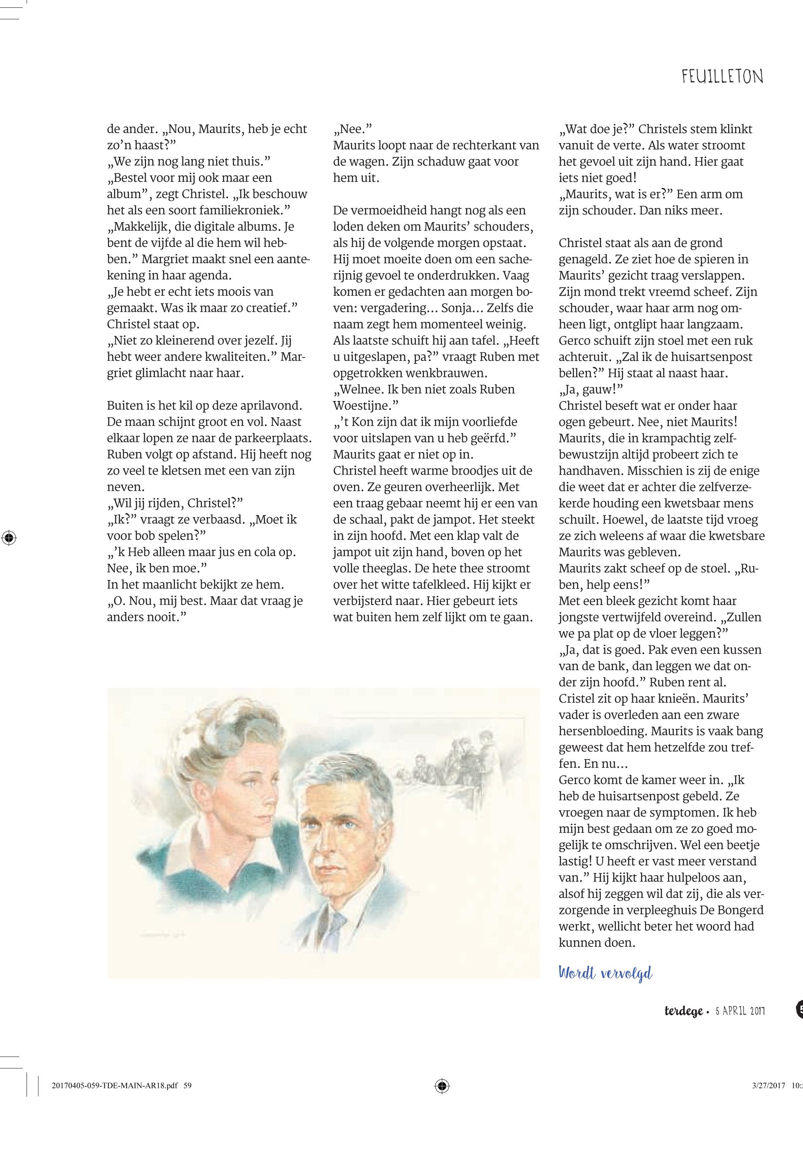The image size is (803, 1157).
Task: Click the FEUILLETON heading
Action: (x=722, y=77)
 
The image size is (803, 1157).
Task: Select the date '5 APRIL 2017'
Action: (x=739, y=1025)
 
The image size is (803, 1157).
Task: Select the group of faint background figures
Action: (x=453, y=764)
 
